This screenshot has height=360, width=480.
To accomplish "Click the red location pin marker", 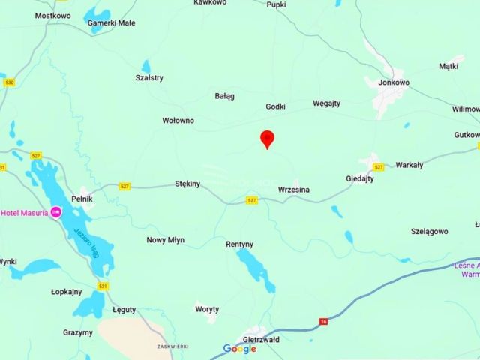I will coord(267,139).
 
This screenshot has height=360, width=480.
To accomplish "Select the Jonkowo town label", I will coord(394,82).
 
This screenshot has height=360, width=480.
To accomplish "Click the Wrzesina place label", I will coord(293,190).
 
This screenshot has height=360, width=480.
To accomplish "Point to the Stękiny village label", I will coord(187,183).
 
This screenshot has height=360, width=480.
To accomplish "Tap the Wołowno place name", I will coord(178,120).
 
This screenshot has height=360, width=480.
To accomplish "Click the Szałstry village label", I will coord(149,77).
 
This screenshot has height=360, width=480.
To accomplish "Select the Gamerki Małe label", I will coord(112,22).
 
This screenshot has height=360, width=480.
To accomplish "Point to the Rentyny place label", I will coord(240,244).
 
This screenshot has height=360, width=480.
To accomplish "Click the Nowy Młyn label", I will coord(165,240).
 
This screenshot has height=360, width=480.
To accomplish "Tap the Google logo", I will coord(240,349).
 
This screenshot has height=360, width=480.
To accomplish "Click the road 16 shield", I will coord(322,320).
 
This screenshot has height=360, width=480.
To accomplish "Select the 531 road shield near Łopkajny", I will coord(103,286).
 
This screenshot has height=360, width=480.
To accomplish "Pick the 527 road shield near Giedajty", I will coord(379,166).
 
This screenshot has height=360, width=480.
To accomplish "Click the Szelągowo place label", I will coord(430,232).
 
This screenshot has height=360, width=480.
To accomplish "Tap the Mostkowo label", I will coord(52,15).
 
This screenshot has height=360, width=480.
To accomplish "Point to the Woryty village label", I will coord(207,309).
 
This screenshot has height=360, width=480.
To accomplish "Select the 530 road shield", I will coord(9,82).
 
